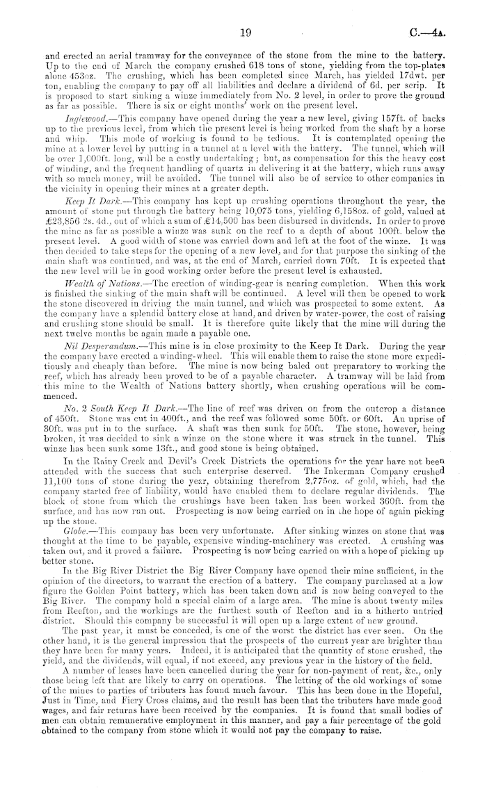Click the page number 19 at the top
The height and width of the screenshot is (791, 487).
tap(243, 31)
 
